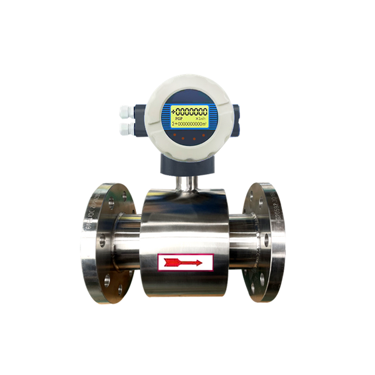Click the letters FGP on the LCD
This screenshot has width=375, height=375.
pos(179,118)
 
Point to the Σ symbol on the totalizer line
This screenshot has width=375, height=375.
pos(174,124)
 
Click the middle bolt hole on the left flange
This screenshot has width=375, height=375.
pos(101,240)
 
